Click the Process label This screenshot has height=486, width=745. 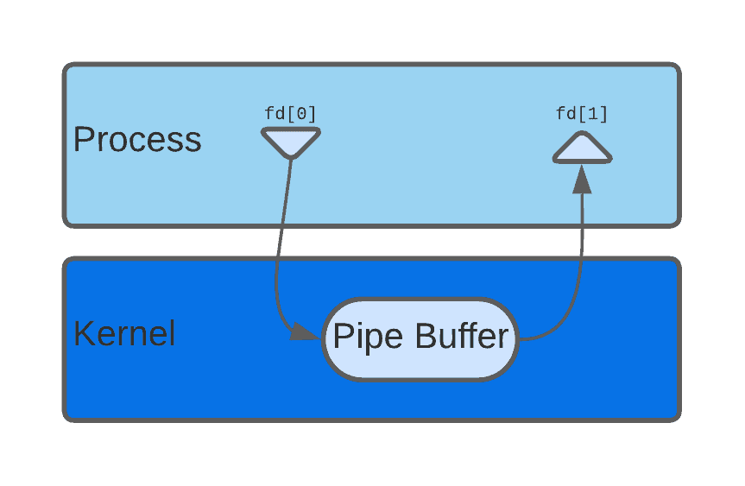136,140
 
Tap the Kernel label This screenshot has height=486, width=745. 124,334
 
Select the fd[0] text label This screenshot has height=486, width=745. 290,113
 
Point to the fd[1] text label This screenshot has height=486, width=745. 582,113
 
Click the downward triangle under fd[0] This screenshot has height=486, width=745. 291,141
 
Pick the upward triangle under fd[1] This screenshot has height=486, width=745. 582,150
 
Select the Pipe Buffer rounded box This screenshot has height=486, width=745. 420,338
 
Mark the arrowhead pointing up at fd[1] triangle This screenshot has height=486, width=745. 582,179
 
